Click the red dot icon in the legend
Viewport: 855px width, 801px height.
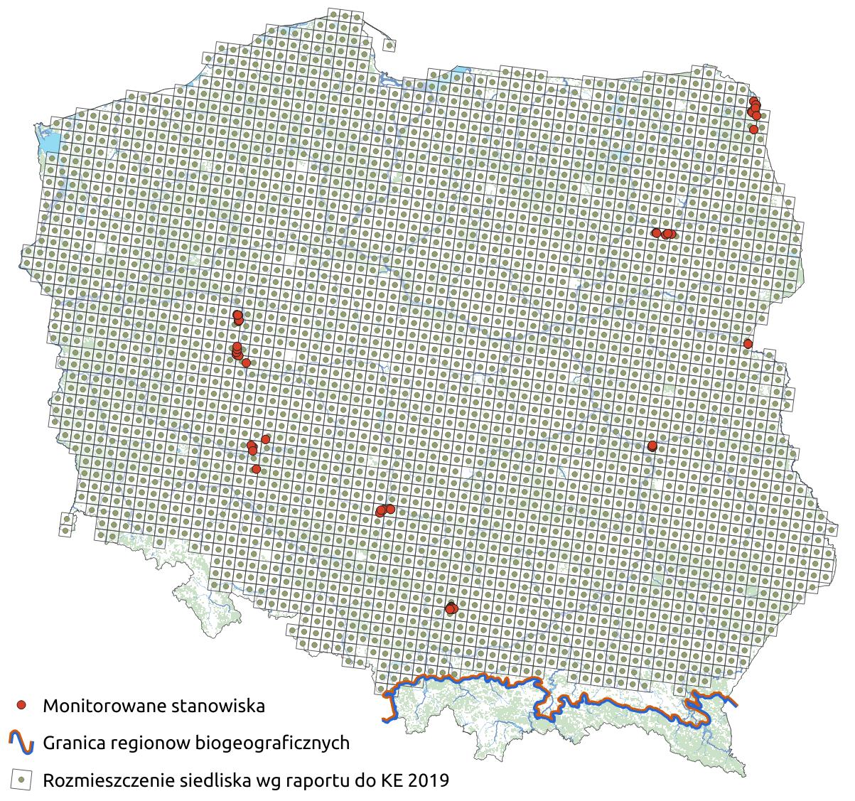[x=22, y=705]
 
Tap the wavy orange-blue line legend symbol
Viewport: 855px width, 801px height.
[x=22, y=743]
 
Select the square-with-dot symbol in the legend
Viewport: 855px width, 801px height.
[x=22, y=780]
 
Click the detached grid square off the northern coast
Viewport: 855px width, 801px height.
[x=389, y=45]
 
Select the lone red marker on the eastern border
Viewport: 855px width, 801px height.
[x=748, y=344]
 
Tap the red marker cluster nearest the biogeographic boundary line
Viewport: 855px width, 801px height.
[x=451, y=608]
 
